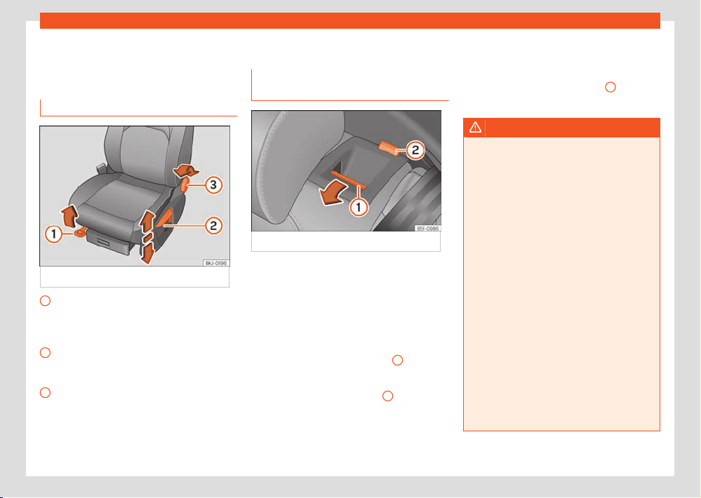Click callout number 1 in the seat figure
point(53,234)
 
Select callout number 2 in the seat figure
point(213,226)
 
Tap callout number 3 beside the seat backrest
point(213,185)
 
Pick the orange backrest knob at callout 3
point(185,184)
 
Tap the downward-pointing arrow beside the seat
point(147,253)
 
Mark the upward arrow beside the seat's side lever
point(147,222)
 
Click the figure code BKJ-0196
point(216,263)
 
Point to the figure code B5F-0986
point(427,229)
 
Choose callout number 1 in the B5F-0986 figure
point(358,207)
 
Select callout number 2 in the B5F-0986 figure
point(415,150)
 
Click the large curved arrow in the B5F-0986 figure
point(333,194)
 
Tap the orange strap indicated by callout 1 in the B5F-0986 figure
point(348,178)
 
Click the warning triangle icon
point(475,128)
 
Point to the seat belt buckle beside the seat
point(102,170)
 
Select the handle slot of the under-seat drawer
point(104,241)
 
